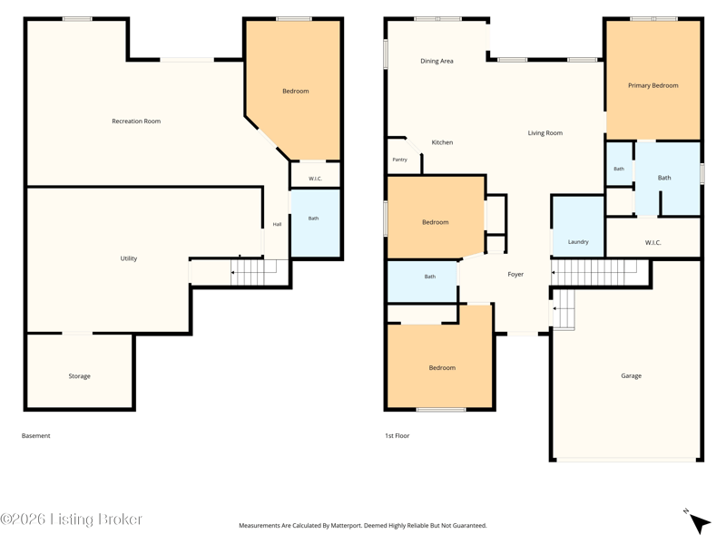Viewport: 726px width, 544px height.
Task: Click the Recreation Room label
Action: [136, 121]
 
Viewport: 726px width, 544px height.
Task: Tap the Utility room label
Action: [129, 258]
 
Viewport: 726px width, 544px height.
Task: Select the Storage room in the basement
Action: [80, 372]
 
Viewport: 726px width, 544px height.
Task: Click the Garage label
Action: [631, 376]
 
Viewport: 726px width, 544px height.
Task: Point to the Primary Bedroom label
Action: [652, 85]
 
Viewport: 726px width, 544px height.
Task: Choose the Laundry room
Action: [578, 226]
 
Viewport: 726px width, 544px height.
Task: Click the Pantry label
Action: [399, 160]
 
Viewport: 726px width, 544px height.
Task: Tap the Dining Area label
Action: [437, 61]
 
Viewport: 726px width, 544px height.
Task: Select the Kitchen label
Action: [442, 142]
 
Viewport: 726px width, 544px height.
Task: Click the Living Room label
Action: [545, 133]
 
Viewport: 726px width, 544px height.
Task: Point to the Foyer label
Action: [515, 275]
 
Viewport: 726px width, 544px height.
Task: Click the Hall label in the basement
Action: [277, 224]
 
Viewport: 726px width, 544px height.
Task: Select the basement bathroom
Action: [315, 223]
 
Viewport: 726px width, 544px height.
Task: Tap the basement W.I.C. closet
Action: [315, 174]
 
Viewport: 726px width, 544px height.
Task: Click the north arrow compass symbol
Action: [698, 522]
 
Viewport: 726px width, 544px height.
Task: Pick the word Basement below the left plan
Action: [36, 436]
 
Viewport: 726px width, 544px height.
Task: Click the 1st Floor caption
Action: [397, 436]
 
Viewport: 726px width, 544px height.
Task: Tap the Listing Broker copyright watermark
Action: [71, 520]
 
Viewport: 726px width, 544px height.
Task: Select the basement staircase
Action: [253, 273]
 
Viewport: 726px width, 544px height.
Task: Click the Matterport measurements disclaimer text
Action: [362, 526]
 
